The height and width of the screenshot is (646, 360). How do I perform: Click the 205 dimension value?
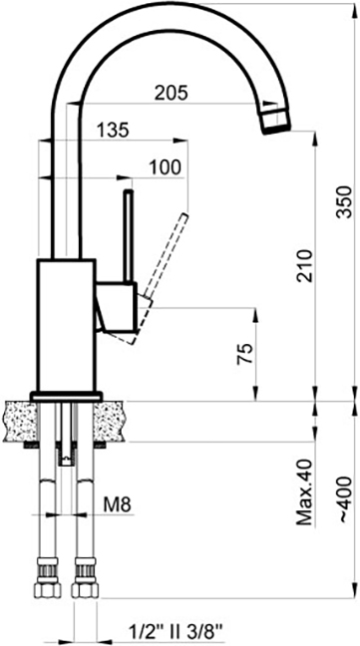click(x=171, y=93)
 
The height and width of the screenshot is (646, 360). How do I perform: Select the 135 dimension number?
click(x=113, y=131)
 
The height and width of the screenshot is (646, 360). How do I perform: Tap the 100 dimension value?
click(x=165, y=167)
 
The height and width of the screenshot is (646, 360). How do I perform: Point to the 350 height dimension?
click(x=345, y=202)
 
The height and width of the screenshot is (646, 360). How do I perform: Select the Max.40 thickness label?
click(x=305, y=491)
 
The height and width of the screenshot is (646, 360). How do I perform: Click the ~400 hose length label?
click(x=345, y=499)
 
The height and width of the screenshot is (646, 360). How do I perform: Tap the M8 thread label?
click(x=117, y=505)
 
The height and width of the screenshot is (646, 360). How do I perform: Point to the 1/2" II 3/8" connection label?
click(x=176, y=631)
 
